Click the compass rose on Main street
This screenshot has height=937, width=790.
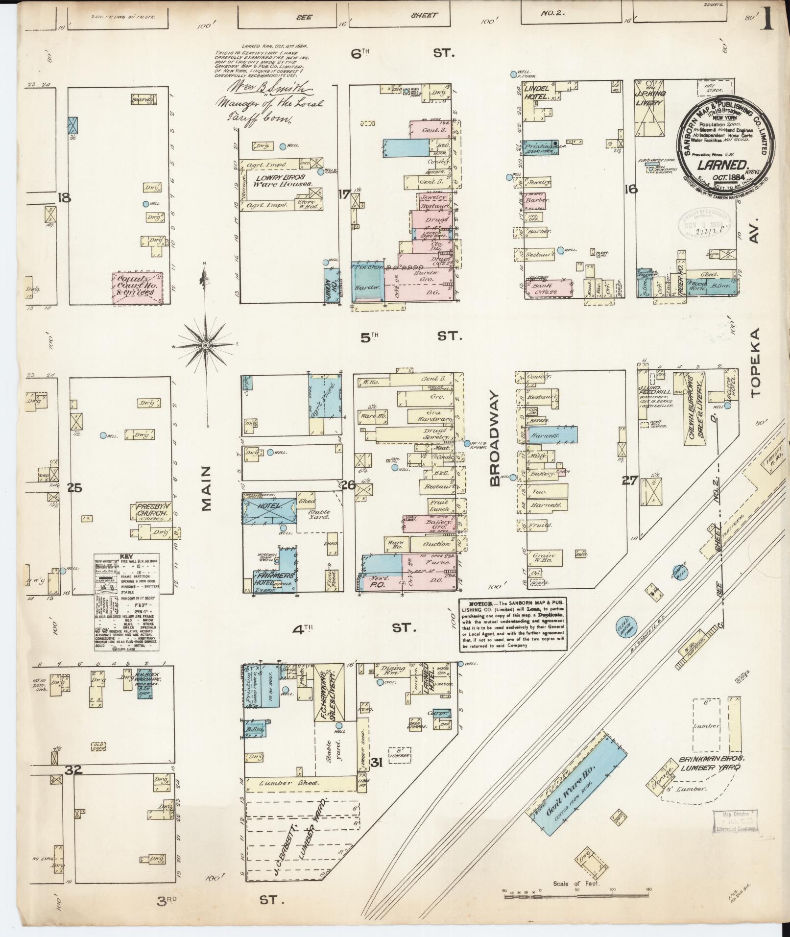tap(206, 345)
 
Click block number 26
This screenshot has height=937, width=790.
tap(348, 485)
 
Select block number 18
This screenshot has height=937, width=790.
tap(64, 198)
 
